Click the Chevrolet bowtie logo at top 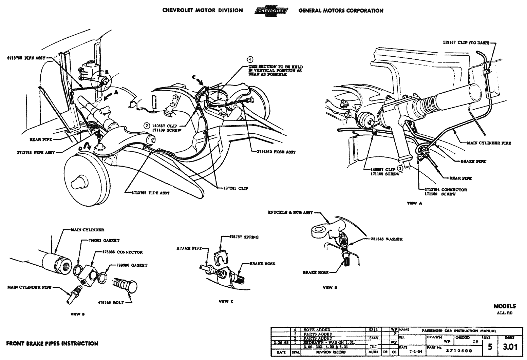[x=270, y=11]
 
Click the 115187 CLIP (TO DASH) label [x=464, y=43]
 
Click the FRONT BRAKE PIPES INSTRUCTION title [x=52, y=343]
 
